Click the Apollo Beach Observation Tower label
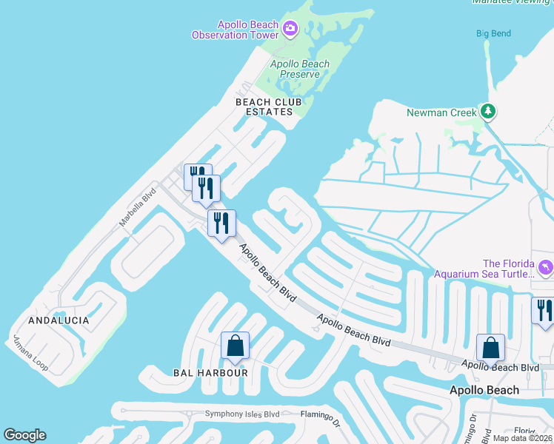click(x=234, y=30)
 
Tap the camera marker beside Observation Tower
click(x=290, y=30)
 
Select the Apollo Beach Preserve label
click(x=300, y=69)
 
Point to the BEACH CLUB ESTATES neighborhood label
click(x=264, y=107)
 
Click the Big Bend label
click(x=494, y=33)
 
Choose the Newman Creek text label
click(x=441, y=112)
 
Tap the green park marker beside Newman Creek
click(x=487, y=112)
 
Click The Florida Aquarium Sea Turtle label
click(x=507, y=269)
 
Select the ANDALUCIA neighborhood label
click(x=59, y=320)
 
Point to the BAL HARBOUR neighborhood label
click(x=211, y=372)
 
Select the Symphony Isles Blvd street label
click(x=242, y=414)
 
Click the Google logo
click(x=24, y=435)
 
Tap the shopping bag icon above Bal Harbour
click(x=235, y=346)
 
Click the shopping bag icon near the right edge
click(x=490, y=347)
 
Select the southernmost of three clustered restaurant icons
click(x=221, y=223)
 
